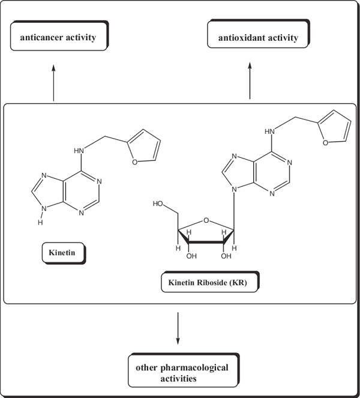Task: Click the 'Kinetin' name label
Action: pyautogui.click(x=62, y=253)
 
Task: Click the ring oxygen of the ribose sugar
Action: pyautogui.click(x=205, y=220)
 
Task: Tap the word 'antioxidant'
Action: pyautogui.click(x=241, y=38)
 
